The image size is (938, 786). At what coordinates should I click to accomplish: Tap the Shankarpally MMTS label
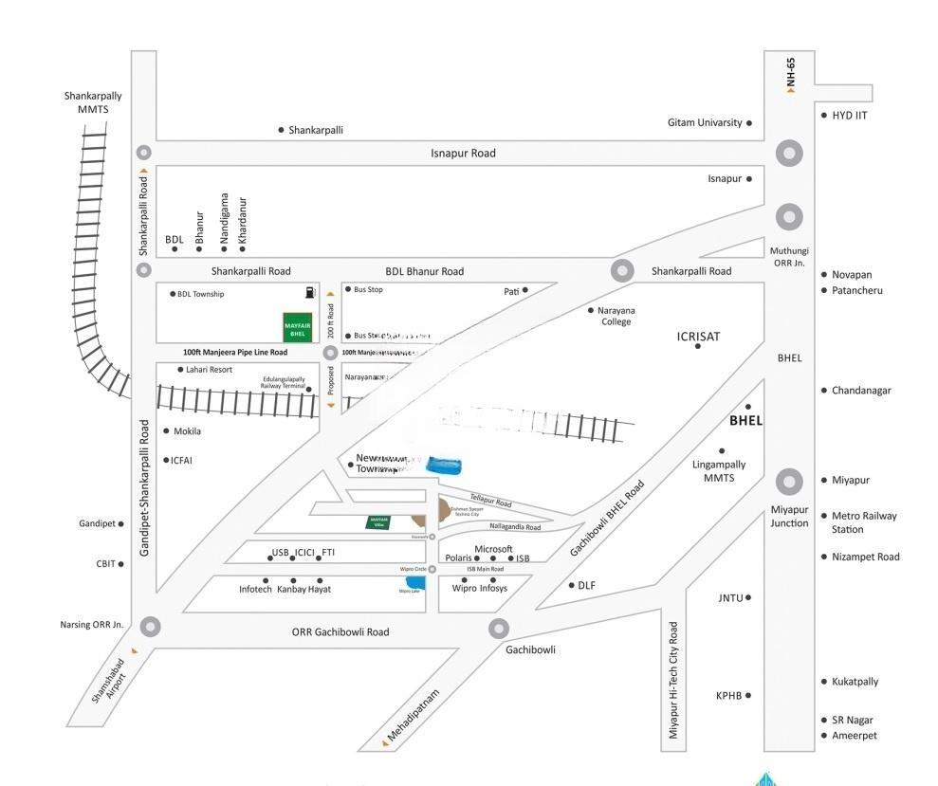pyautogui.click(x=93, y=102)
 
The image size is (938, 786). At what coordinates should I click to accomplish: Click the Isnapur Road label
pyautogui.click(x=463, y=153)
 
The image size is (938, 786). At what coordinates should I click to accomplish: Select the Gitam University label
pyautogui.click(x=705, y=122)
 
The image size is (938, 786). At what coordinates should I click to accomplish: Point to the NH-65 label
pyautogui.click(x=790, y=71)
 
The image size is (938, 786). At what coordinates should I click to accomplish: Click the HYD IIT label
pyautogui.click(x=850, y=116)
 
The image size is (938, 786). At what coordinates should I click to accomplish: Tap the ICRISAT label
pyautogui.click(x=699, y=337)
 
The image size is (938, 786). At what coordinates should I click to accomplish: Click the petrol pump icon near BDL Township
pyautogui.click(x=309, y=293)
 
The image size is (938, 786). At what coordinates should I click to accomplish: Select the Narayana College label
pyautogui.click(x=616, y=316)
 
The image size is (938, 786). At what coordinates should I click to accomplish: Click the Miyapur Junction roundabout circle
pyautogui.click(x=789, y=482)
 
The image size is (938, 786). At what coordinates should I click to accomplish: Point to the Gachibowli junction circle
pyautogui.click(x=499, y=628)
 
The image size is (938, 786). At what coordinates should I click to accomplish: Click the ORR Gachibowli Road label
pyautogui.click(x=340, y=632)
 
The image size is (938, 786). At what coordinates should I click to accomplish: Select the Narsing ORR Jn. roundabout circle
pyautogui.click(x=150, y=626)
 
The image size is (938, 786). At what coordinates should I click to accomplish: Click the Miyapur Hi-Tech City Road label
pyautogui.click(x=673, y=680)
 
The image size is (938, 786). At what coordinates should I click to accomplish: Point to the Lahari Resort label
pyautogui.click(x=209, y=370)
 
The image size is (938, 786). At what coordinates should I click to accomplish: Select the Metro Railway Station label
pyautogui.click(x=864, y=522)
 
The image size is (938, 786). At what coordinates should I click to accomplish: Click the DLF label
pyautogui.click(x=587, y=585)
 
